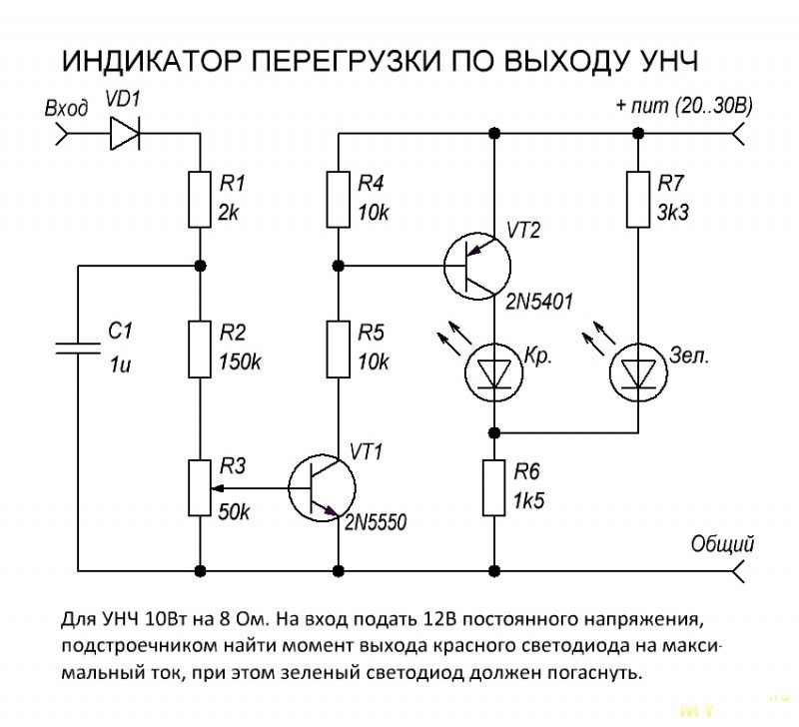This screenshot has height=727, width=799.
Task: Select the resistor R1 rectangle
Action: [x=200, y=199]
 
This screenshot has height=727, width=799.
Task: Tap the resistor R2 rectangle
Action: [x=200, y=349]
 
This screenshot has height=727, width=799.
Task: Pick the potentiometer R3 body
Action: [x=200, y=488]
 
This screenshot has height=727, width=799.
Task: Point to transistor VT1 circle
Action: [x=321, y=488]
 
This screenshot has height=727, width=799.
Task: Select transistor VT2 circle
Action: [x=477, y=266]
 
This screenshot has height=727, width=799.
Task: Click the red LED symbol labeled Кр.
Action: [x=494, y=370]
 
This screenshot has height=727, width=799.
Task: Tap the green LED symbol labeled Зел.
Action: [x=635, y=370]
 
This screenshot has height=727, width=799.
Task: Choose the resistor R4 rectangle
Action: [x=339, y=199]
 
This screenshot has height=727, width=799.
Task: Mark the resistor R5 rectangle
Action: [x=339, y=349]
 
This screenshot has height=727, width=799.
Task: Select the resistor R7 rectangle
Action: [x=635, y=199]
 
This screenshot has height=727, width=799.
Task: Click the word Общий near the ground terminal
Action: [x=722, y=544]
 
